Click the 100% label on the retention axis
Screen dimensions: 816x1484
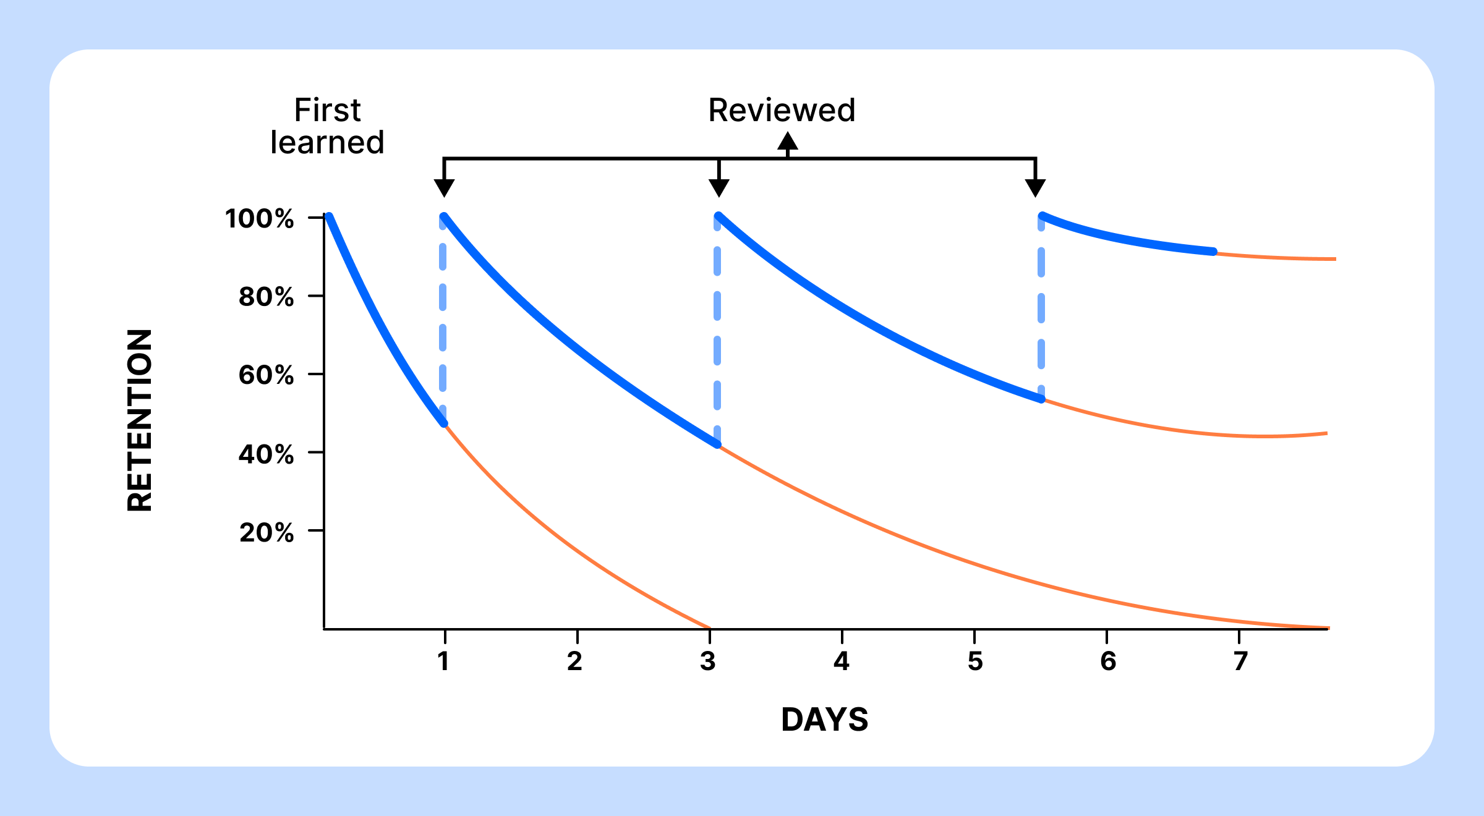259,219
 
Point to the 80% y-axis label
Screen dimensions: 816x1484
266,297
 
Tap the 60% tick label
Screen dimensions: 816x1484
266,375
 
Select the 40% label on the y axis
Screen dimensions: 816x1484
266,454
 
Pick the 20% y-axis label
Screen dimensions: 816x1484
266,532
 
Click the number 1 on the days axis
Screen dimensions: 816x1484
443,661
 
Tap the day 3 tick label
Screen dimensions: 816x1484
708,661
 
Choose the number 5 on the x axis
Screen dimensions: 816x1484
975,661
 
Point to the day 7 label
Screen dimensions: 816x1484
1240,661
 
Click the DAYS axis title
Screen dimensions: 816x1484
824,720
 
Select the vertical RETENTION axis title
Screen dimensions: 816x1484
140,420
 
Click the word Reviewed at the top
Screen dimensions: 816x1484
782,111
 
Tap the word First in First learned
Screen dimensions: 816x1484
327,111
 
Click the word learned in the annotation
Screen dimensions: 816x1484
327,143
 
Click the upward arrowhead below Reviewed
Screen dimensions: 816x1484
788,142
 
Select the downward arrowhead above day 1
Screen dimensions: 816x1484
444,187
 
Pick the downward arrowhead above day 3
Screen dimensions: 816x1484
719,187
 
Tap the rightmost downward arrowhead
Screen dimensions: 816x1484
1035,187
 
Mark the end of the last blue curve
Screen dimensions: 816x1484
1214,252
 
